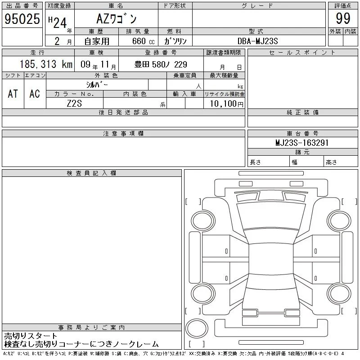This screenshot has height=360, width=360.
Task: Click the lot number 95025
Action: point(22,18)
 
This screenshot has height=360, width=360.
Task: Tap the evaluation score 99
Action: point(343,18)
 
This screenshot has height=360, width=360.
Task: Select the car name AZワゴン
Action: point(117,19)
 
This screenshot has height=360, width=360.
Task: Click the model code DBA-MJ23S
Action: point(257,41)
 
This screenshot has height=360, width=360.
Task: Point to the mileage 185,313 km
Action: point(46,64)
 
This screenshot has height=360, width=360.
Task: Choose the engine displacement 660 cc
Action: point(143,41)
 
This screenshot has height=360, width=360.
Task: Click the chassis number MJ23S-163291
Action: point(302,143)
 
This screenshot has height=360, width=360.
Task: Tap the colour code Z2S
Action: point(74,103)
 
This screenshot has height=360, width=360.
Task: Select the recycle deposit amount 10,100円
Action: point(227,103)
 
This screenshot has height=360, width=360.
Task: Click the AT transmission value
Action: point(13,94)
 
